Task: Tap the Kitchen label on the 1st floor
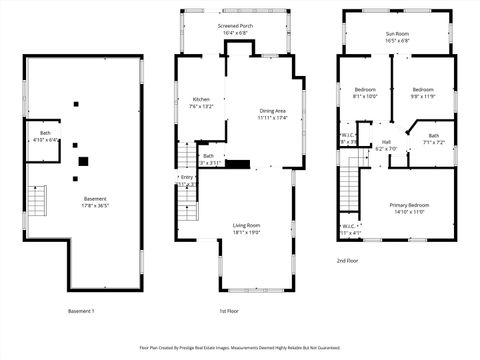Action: point(200,99)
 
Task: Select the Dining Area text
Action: point(273,111)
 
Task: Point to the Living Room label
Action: point(247,225)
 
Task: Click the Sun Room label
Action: point(397,34)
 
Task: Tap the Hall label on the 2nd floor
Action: point(385,142)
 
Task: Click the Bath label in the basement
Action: point(45,133)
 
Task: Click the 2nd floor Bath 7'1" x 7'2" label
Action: point(433,136)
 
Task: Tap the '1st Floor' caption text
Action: point(229,310)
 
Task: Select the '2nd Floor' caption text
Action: point(348,260)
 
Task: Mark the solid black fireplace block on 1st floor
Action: point(237,164)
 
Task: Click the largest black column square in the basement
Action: point(84,159)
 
